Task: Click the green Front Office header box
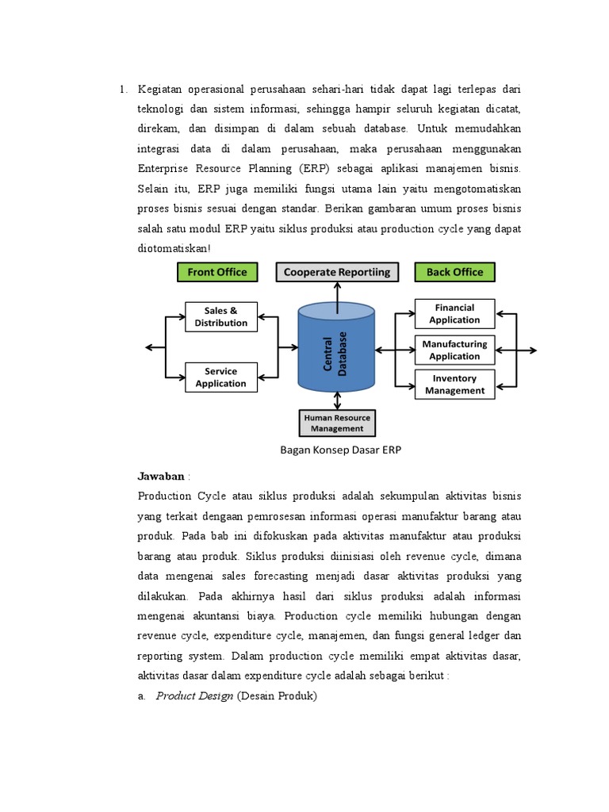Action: point(217,272)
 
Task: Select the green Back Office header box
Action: point(454,272)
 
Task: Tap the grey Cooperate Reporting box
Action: point(337,272)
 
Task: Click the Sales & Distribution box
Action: point(221,316)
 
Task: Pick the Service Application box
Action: point(221,377)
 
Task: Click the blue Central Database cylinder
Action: point(337,349)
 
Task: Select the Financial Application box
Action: point(454,314)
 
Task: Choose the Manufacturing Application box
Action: point(454,350)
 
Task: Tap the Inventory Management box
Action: point(454,385)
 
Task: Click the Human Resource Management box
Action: point(337,423)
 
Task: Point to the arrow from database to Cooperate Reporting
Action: point(337,295)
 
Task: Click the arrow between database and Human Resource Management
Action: point(337,400)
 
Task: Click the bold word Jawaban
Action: point(162,476)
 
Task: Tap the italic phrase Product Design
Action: point(194,696)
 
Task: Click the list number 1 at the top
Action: point(123,89)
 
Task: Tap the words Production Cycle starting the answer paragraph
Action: point(176,496)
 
